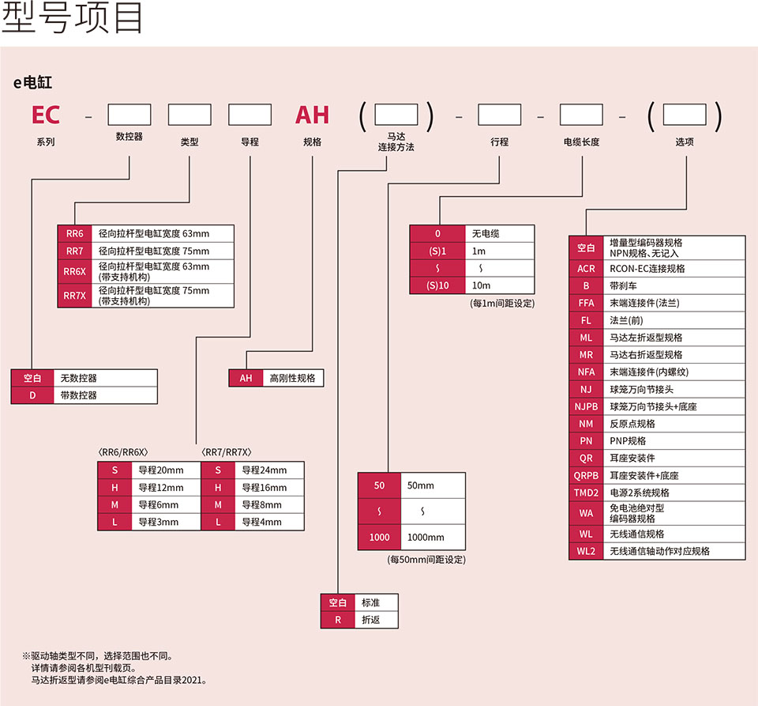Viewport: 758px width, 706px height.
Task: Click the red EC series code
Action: click(46, 115)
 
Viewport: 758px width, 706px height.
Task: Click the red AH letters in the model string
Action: click(312, 115)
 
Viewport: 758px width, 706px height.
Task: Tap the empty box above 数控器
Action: click(129, 115)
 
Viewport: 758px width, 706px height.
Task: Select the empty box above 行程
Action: click(499, 115)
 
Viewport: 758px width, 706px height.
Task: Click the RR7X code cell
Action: click(74, 296)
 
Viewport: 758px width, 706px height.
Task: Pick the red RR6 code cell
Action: click(74, 234)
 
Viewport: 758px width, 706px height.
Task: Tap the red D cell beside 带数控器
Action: click(32, 395)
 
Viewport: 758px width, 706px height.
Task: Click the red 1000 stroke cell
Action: click(380, 538)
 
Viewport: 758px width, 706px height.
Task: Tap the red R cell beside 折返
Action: click(338, 620)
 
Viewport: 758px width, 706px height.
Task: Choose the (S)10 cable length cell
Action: click(437, 285)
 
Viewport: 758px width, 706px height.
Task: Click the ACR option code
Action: click(586, 269)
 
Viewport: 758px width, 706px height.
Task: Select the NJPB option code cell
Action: click(586, 406)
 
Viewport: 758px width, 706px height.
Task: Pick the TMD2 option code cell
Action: click(586, 493)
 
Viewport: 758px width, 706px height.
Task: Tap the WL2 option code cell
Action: click(586, 551)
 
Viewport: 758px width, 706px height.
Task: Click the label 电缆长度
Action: click(581, 142)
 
